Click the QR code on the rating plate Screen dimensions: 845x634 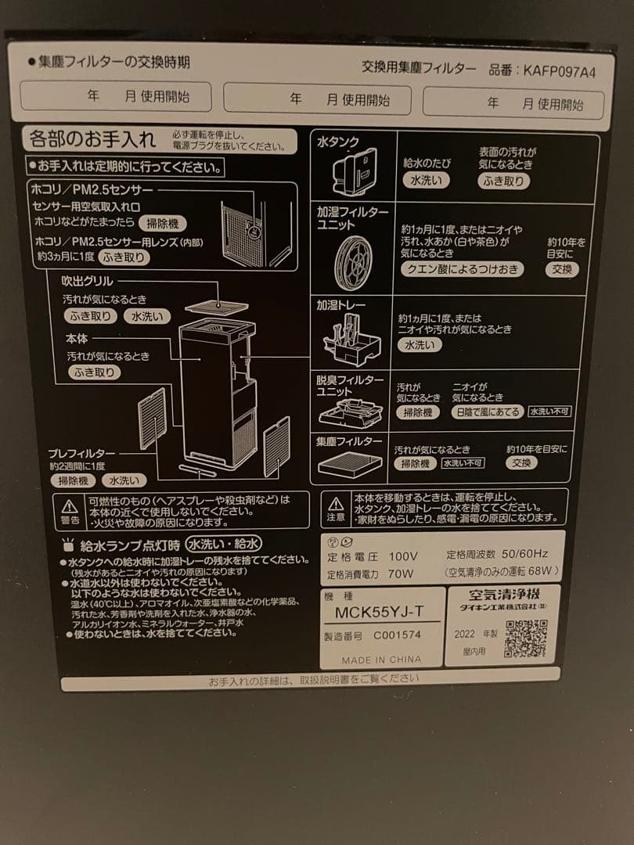click(x=525, y=638)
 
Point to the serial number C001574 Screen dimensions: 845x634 click(x=397, y=635)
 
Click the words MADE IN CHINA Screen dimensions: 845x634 click(x=381, y=660)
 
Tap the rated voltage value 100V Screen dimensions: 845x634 click(x=403, y=556)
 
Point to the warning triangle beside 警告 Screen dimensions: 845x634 click(x=70, y=505)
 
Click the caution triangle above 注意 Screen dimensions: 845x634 click(x=335, y=502)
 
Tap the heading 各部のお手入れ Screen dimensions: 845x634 click(x=92, y=140)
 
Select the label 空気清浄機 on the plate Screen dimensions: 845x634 click(x=502, y=593)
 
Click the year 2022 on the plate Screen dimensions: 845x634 click(x=465, y=634)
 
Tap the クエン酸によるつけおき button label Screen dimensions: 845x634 click(x=462, y=269)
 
